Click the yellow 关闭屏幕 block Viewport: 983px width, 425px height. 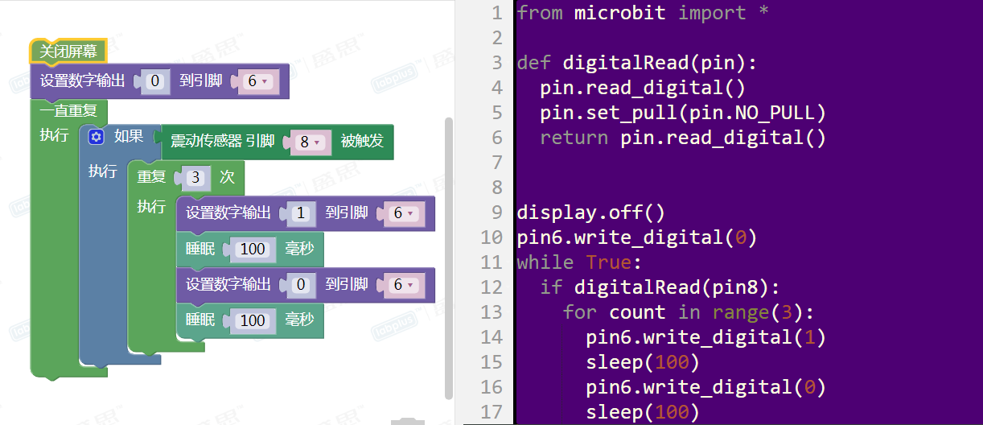(x=68, y=52)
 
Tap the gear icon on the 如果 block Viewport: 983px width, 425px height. (x=97, y=137)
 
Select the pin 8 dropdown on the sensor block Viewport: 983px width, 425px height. (x=310, y=142)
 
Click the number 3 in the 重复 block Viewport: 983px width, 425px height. (x=195, y=177)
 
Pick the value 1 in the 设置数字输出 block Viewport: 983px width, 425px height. (x=301, y=213)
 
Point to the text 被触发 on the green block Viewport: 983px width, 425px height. (x=362, y=142)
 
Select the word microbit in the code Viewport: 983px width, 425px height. (x=619, y=13)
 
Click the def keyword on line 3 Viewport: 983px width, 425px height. (x=533, y=63)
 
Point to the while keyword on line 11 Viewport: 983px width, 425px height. (x=545, y=262)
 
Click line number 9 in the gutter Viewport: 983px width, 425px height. (x=496, y=212)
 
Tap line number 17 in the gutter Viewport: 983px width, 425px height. (x=491, y=412)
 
